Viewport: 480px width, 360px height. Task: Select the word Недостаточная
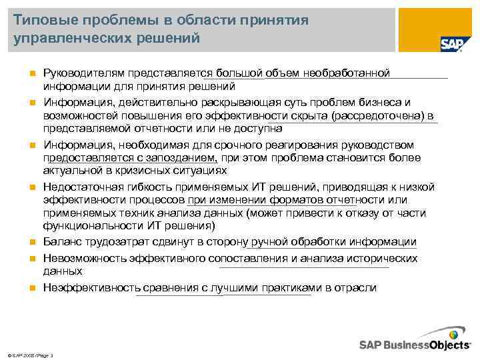[x=80, y=187]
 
